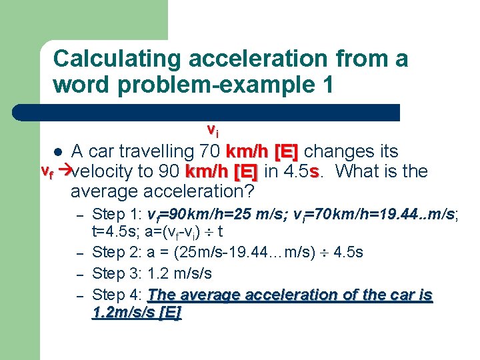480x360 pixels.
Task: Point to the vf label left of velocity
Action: [x=47, y=170]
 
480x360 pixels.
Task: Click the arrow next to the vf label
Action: [x=64, y=171]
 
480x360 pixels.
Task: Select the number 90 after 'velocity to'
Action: [x=169, y=171]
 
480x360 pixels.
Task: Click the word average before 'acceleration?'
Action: [x=106, y=192]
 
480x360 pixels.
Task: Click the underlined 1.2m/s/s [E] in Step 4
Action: [x=136, y=313]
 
